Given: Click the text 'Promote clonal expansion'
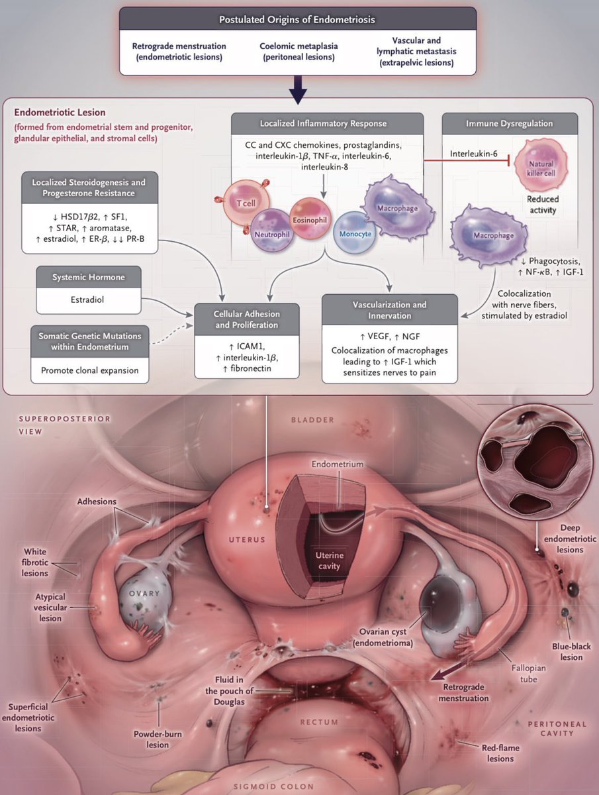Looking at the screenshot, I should [89, 370].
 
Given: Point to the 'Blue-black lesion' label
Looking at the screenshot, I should [567, 652].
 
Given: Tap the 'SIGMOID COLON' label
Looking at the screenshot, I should [299, 787].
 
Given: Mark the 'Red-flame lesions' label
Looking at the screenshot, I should [500, 753].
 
